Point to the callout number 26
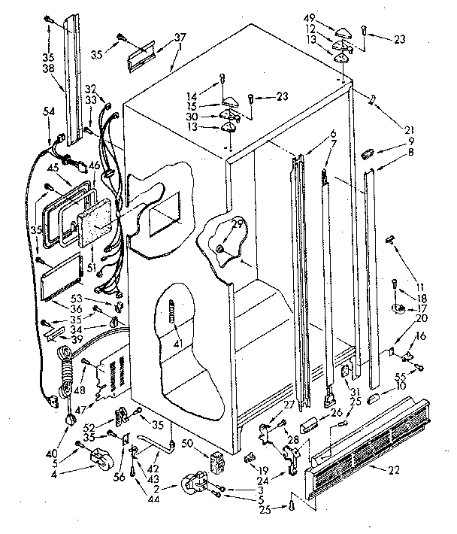335,412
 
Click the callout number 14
194,96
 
